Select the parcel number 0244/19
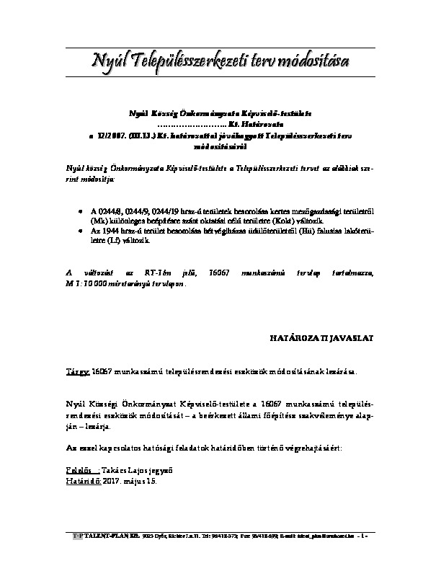click(x=174, y=210)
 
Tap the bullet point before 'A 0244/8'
click(x=80, y=210)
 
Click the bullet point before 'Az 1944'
click(x=80, y=229)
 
